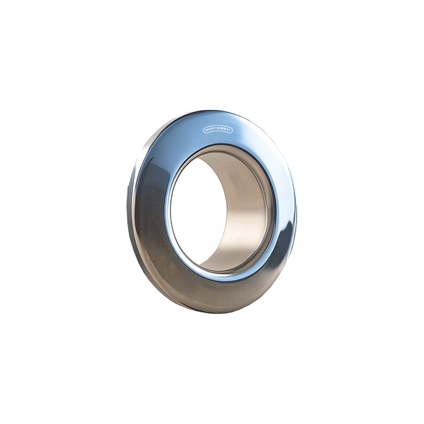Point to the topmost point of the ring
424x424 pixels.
212,110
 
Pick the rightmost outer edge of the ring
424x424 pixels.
297,212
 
